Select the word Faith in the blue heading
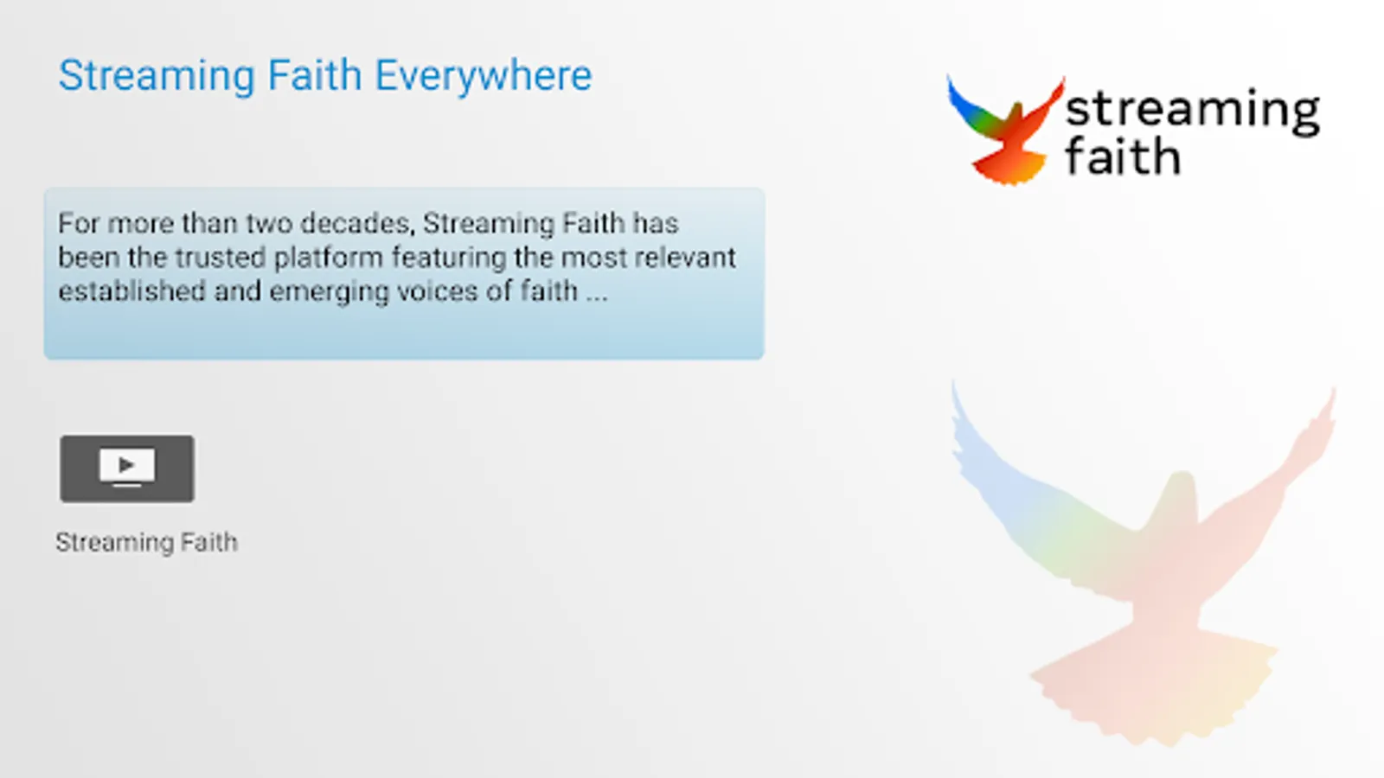point(315,74)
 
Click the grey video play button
point(127,469)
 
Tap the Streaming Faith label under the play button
point(147,543)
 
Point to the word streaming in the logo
point(1193,111)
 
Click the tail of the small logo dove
point(1009,168)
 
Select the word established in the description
point(131,291)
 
